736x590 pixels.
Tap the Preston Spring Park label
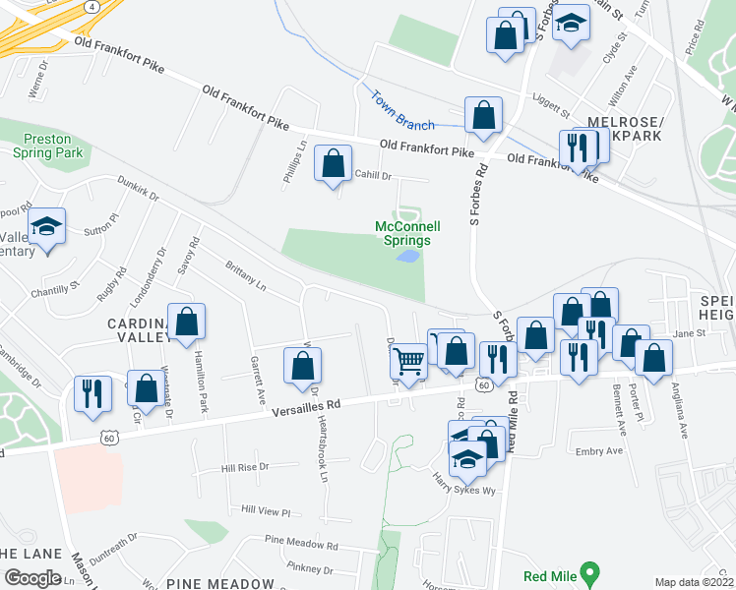[x=48, y=147]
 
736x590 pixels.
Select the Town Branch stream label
[x=401, y=110]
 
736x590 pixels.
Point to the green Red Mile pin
[x=589, y=570]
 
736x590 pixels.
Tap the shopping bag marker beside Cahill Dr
[x=334, y=163]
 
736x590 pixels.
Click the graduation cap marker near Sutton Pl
[x=46, y=227]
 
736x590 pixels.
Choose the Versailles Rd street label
[x=307, y=404]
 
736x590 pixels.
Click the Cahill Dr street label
[x=373, y=175]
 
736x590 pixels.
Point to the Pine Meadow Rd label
[x=301, y=542]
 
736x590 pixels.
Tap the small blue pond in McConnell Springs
[x=406, y=257]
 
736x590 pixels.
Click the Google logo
[x=32, y=577]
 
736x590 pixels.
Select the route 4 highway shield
[x=92, y=6]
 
